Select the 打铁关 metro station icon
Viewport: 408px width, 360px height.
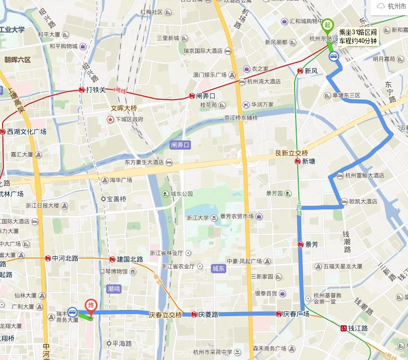coord(82,90)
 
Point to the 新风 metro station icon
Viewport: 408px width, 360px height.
coord(301,71)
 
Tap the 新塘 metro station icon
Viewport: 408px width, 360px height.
coord(297,161)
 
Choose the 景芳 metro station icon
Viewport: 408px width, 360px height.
coord(301,245)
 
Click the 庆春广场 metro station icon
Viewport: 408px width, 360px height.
coord(279,314)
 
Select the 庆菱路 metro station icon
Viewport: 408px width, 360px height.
coord(194,315)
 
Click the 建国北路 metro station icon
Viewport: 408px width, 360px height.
coord(112,259)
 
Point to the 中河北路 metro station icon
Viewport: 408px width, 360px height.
coord(47,258)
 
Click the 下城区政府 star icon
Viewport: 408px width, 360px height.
coord(110,119)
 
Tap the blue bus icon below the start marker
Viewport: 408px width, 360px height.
coord(334,57)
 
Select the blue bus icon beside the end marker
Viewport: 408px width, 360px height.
coord(73,311)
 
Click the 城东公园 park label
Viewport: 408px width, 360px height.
coord(181,194)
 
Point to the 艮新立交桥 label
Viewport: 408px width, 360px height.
coord(292,153)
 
